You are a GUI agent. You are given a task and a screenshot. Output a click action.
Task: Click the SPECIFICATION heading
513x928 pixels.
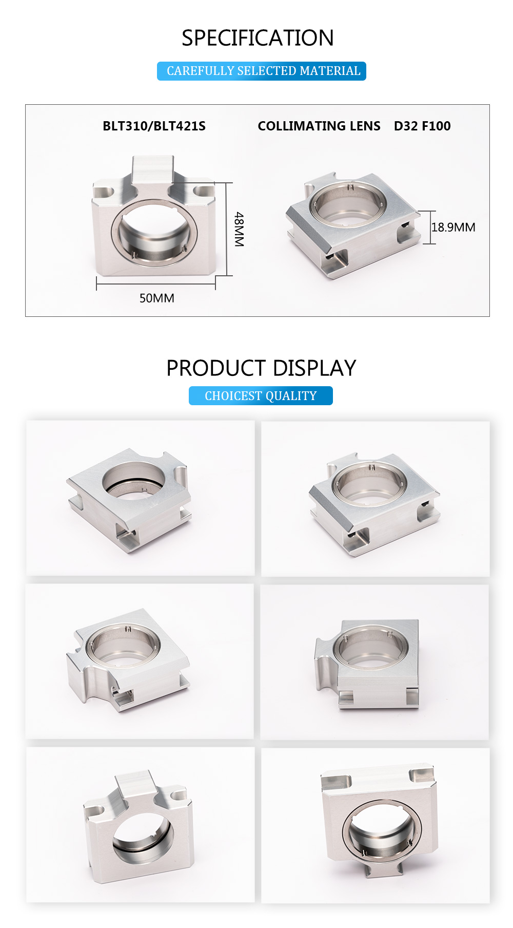coord(258,38)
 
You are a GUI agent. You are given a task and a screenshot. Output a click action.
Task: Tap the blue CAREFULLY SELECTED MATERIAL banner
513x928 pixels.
coord(262,71)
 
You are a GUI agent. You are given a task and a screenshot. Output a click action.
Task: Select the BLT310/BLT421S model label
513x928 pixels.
coord(154,126)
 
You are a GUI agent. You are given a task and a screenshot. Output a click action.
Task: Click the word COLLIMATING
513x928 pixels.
coord(301,126)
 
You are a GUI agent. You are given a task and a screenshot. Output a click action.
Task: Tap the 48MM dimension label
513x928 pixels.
coord(239,229)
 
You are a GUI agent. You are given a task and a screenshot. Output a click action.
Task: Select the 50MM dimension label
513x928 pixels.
coord(157,298)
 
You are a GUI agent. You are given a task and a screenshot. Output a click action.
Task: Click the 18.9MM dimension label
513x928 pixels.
coord(453,227)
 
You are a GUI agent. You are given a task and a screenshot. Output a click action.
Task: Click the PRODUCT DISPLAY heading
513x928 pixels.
coord(261,368)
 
